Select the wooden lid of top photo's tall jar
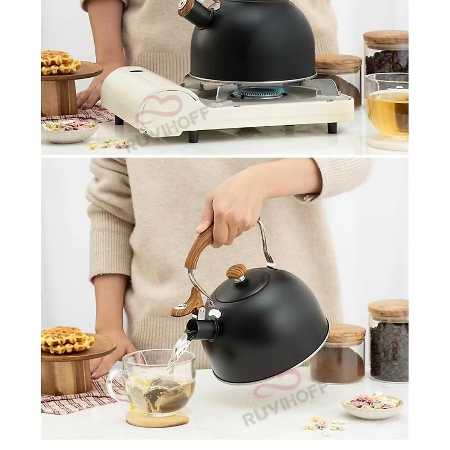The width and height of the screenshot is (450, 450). point(385,40)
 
